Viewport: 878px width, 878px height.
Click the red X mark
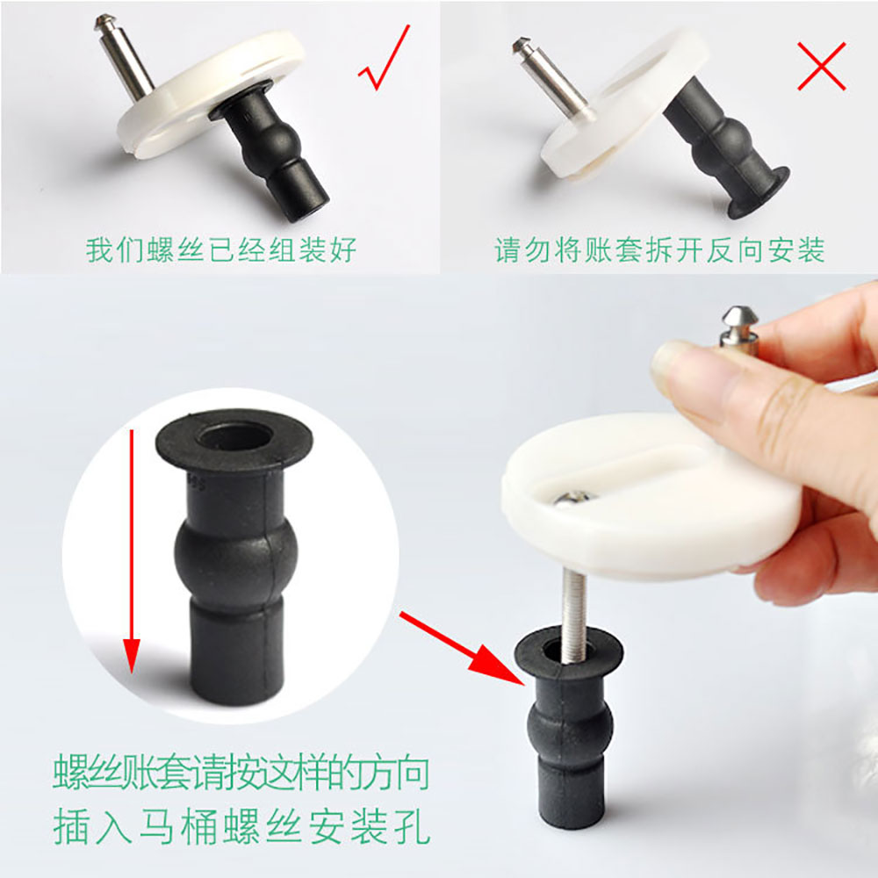822,66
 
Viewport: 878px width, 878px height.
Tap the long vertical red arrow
132,551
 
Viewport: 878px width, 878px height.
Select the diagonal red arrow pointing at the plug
462,649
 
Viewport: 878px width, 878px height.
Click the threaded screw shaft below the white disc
574,616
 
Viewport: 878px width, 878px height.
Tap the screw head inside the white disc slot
574,497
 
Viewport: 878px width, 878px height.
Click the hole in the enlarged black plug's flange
235,436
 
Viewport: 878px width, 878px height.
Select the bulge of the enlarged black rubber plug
235,554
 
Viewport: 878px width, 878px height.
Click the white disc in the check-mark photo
210,94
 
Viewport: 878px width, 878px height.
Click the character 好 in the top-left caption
342,249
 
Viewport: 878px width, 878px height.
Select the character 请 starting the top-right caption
508,249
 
